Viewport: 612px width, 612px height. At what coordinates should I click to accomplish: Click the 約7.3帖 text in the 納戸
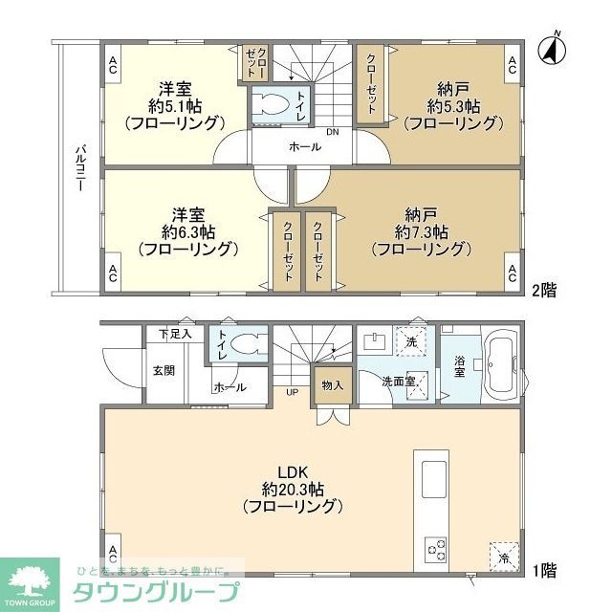point(422,231)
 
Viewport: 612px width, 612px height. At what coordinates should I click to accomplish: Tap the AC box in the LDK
point(113,552)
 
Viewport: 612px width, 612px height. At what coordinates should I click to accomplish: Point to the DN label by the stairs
point(332,132)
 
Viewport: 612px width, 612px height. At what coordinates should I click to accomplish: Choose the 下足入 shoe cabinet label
point(175,335)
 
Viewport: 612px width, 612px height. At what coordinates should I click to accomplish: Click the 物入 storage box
point(332,384)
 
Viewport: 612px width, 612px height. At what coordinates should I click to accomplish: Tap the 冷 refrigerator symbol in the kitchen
point(503,555)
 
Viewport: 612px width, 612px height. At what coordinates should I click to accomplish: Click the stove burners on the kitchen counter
point(436,550)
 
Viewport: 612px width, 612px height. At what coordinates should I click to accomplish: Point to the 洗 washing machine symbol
point(412,340)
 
